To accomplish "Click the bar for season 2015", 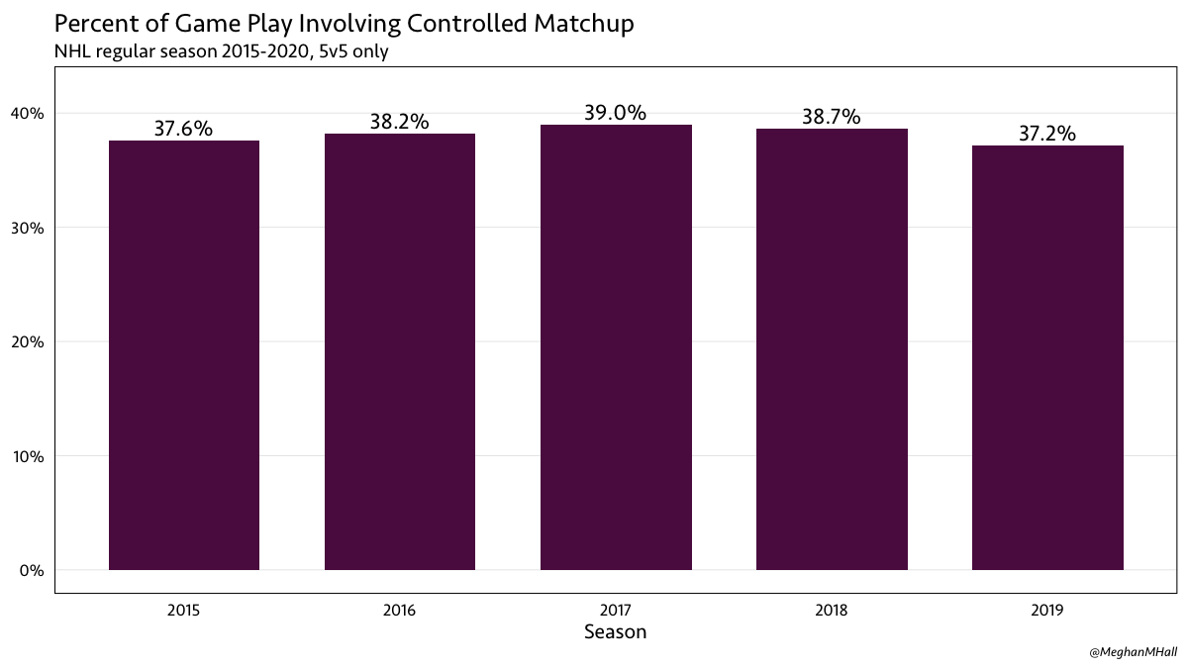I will tap(184, 355).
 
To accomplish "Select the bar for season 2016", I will tap(400, 352).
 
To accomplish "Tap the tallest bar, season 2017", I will tap(616, 347).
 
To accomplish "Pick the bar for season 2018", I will tap(832, 349).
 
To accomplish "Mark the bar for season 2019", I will tap(1047, 358).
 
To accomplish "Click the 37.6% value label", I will tap(183, 129).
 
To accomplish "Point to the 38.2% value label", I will tap(400, 122).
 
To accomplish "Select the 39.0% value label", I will tap(615, 113).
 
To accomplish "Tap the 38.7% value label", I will tap(831, 117).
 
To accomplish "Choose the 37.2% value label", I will tap(1046, 134).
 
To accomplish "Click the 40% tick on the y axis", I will tap(29, 114).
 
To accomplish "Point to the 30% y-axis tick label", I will tap(29, 228).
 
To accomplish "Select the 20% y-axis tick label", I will tap(29, 342).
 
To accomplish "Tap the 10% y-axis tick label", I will tap(29, 456).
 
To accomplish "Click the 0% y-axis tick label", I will tap(33, 571).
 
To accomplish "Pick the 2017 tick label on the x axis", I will tap(615, 611).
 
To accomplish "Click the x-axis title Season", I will tap(615, 631).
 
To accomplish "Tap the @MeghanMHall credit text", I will tap(1132, 652).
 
